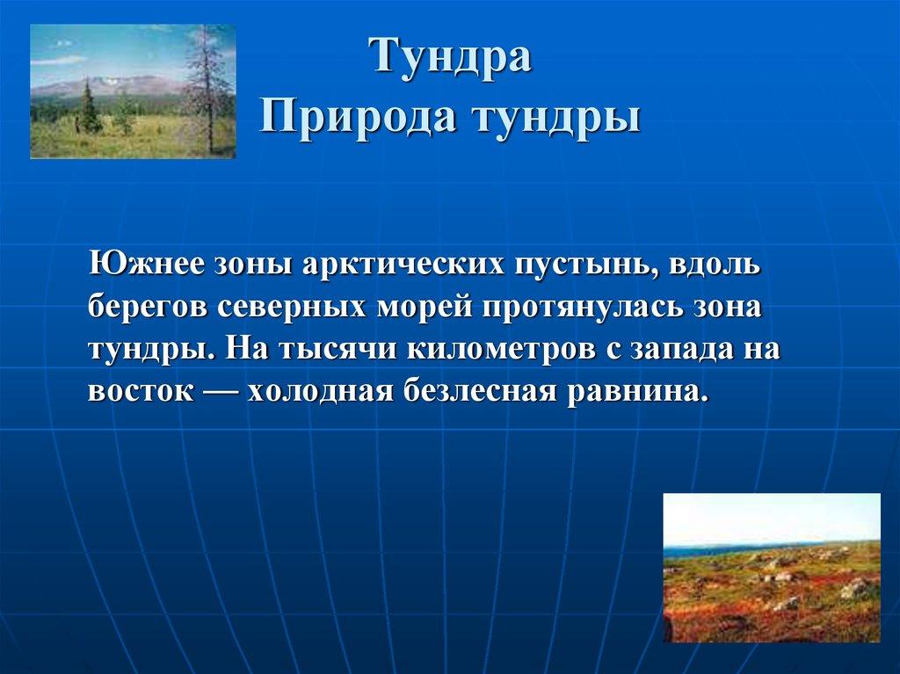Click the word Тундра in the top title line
(x=450, y=58)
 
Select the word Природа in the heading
(x=350, y=116)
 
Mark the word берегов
(x=146, y=308)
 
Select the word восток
(x=139, y=390)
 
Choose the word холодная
(x=320, y=390)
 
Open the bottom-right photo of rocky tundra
(x=771, y=568)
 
